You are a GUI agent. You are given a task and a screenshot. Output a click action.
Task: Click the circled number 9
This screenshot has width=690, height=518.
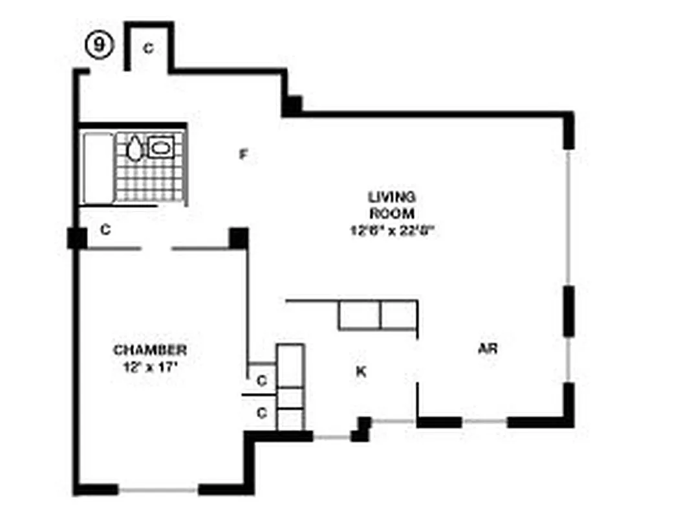(x=99, y=46)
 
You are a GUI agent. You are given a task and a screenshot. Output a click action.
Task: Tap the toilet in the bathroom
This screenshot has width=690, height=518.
(x=134, y=148)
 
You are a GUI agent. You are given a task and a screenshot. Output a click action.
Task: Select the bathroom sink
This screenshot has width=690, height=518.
(x=160, y=147)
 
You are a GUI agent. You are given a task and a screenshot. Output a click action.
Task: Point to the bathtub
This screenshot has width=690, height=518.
(x=98, y=168)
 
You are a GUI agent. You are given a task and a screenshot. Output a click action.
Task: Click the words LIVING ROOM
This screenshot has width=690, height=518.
(x=391, y=205)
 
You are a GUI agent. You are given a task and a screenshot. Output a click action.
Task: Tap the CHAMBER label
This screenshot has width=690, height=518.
(x=150, y=350)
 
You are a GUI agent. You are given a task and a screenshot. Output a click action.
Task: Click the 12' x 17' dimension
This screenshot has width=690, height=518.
(x=150, y=366)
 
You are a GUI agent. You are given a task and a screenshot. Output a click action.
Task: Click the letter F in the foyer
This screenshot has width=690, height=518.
(x=243, y=155)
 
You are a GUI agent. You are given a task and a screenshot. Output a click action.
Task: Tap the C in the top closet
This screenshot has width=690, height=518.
(x=148, y=48)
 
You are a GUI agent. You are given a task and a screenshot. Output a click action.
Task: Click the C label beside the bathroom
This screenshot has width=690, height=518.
(x=106, y=229)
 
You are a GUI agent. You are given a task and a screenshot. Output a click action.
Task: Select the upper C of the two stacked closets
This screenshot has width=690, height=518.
(x=261, y=381)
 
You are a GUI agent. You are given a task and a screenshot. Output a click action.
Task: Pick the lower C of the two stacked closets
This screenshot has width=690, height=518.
(x=261, y=412)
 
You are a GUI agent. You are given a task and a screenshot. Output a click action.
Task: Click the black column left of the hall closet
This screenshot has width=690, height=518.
(x=77, y=238)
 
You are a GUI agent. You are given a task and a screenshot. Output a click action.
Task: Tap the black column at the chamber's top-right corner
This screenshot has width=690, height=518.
(x=239, y=238)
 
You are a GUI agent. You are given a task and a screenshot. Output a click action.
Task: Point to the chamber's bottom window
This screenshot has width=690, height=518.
(x=158, y=490)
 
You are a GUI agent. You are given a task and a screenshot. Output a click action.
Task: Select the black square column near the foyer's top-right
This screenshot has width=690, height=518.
(x=292, y=105)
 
